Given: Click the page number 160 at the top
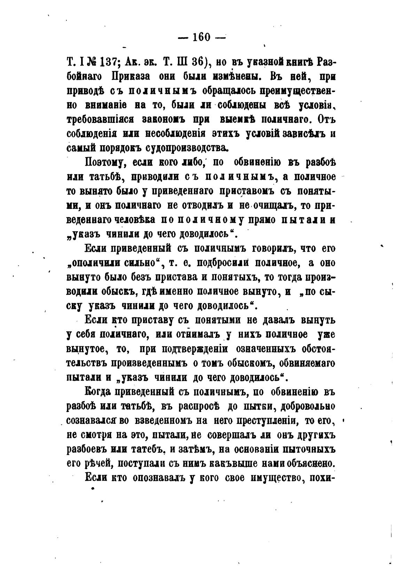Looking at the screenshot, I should (202, 37).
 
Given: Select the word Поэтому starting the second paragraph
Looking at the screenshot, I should (103, 163).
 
